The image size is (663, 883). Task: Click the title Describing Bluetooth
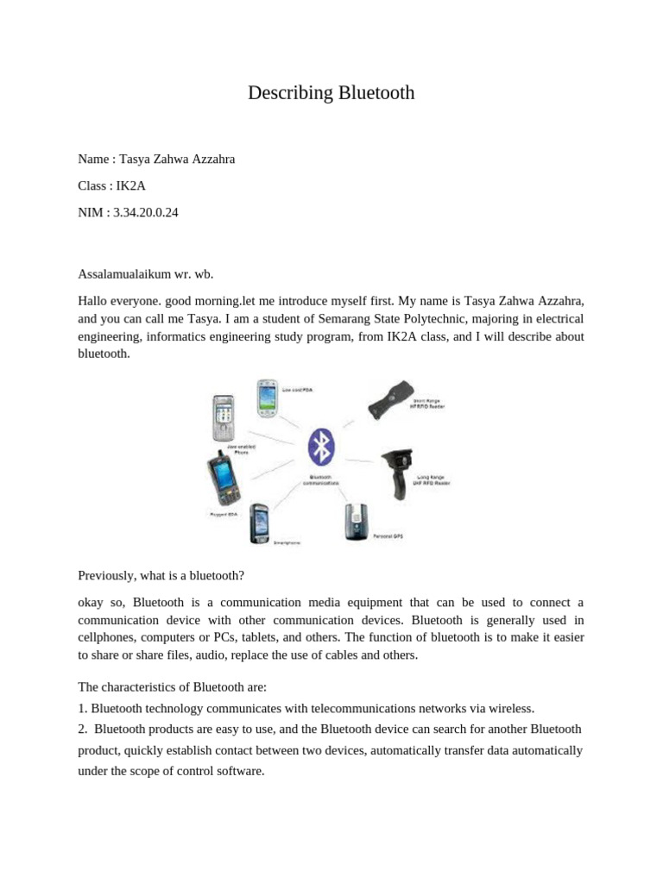[331, 93]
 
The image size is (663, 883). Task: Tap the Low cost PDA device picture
[268, 398]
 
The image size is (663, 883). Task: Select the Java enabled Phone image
[224, 418]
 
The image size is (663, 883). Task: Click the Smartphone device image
[259, 523]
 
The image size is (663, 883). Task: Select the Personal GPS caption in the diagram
[388, 536]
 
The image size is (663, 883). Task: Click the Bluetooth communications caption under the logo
[320, 480]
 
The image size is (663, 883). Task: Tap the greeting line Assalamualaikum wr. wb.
[145, 274]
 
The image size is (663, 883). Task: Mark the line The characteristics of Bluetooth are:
[173, 687]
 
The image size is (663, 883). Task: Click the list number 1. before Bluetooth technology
[83, 708]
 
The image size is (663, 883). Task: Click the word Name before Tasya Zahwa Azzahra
[93, 159]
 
